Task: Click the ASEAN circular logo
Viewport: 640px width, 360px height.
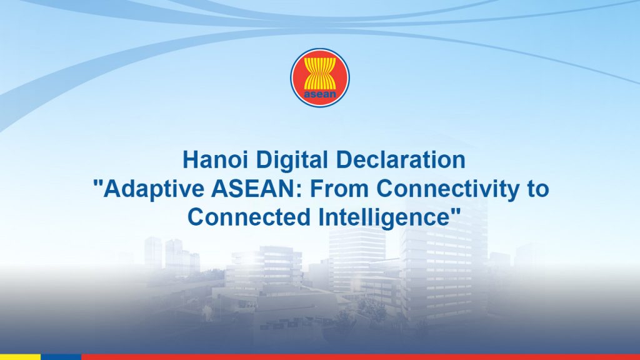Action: (x=320, y=77)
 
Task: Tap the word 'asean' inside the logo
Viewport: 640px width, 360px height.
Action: (x=320, y=95)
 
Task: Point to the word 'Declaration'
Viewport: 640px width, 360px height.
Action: (x=401, y=159)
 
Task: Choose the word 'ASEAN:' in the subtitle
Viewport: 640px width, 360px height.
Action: (x=256, y=188)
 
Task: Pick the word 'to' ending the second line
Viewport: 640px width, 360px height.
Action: (x=538, y=189)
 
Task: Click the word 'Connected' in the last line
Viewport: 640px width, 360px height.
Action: (x=249, y=217)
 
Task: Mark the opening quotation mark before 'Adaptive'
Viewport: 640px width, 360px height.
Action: (x=98, y=182)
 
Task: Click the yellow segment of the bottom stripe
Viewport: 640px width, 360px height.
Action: (x=20, y=357)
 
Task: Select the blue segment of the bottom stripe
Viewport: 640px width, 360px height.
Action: (x=61, y=357)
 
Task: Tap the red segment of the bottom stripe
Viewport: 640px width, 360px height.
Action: (x=361, y=357)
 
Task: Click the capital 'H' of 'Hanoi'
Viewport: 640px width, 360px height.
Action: (x=189, y=159)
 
